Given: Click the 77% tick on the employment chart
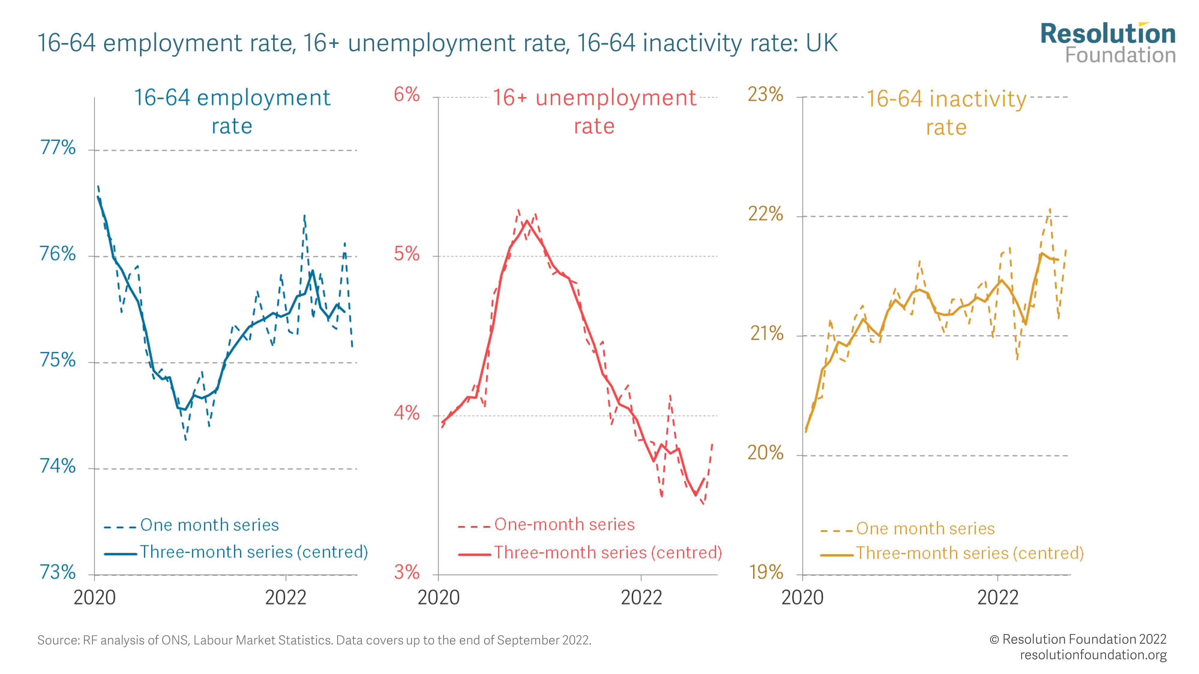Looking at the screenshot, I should (58, 148).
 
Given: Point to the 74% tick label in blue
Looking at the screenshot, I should (58, 466).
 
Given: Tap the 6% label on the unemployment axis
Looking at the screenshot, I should (406, 95).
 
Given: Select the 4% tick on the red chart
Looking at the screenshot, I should (406, 413).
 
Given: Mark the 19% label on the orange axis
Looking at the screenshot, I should (766, 572).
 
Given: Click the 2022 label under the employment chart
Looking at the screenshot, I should (285, 598).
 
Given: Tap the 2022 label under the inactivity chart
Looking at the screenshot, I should (998, 598).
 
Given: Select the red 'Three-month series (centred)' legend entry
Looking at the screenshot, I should (607, 553).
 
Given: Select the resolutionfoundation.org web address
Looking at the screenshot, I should (1093, 655).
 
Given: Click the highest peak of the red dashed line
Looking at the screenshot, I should (518, 210).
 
